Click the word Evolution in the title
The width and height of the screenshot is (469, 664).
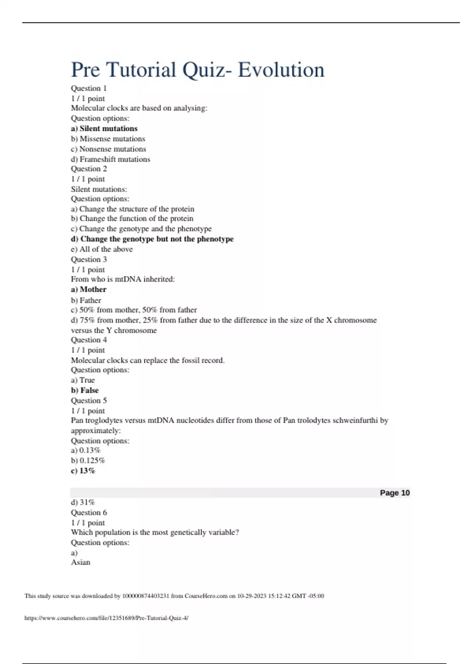(281, 70)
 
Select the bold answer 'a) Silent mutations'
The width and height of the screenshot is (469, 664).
(104, 129)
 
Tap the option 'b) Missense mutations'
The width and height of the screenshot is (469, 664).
(108, 139)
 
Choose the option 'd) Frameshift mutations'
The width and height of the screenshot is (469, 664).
(110, 159)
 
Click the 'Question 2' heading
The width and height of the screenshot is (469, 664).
(89, 169)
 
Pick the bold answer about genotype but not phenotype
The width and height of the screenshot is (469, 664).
(152, 239)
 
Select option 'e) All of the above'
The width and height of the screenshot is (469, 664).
(102, 249)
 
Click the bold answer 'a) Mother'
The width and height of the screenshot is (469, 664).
(88, 289)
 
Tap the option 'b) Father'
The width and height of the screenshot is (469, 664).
(86, 300)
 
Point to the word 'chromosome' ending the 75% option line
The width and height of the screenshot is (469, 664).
(355, 320)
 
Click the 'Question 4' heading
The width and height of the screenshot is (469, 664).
(89, 340)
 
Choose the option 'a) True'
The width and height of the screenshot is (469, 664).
(83, 380)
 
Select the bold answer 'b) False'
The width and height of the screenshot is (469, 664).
(85, 390)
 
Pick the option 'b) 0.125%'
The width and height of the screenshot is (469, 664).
(88, 461)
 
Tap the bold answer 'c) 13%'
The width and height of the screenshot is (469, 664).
(83, 471)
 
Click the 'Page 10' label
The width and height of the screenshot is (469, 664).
(395, 493)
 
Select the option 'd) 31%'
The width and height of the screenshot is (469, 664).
(83, 502)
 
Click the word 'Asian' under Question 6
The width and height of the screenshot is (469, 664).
(81, 562)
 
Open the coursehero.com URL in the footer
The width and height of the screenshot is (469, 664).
(106, 618)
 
